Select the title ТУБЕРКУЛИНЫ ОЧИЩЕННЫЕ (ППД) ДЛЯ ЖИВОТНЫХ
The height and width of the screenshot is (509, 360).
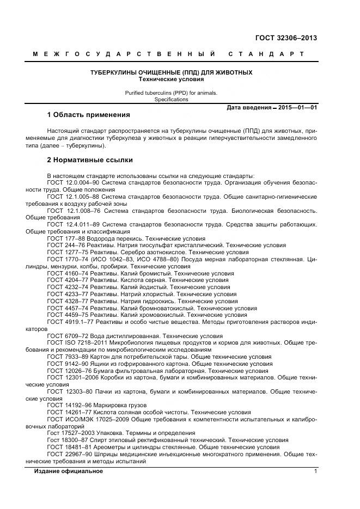(x=171, y=72)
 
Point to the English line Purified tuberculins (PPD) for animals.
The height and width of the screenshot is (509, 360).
(x=171, y=93)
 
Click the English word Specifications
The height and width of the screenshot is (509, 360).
(x=171, y=100)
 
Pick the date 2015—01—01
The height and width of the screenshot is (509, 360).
(x=297, y=108)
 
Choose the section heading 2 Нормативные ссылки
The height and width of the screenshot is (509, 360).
(x=90, y=160)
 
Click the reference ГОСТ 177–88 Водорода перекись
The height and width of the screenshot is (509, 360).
(x=126, y=238)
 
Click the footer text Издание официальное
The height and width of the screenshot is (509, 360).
(x=68, y=471)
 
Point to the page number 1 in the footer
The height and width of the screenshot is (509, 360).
(x=315, y=471)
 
